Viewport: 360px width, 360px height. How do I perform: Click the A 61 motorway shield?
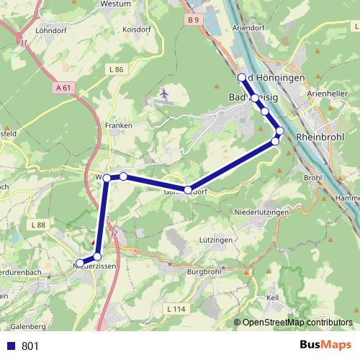point(64,88)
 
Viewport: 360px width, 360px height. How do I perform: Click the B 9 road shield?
point(192,20)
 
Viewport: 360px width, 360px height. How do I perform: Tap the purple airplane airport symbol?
point(165,94)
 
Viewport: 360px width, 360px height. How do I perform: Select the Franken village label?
point(119,125)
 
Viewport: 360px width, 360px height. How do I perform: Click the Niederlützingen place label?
point(262,213)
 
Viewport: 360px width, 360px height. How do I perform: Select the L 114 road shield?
point(175,309)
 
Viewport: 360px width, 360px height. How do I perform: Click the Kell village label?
point(272,297)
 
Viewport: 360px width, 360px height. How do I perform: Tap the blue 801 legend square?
point(11,346)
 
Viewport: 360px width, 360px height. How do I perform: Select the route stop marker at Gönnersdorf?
point(188,189)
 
